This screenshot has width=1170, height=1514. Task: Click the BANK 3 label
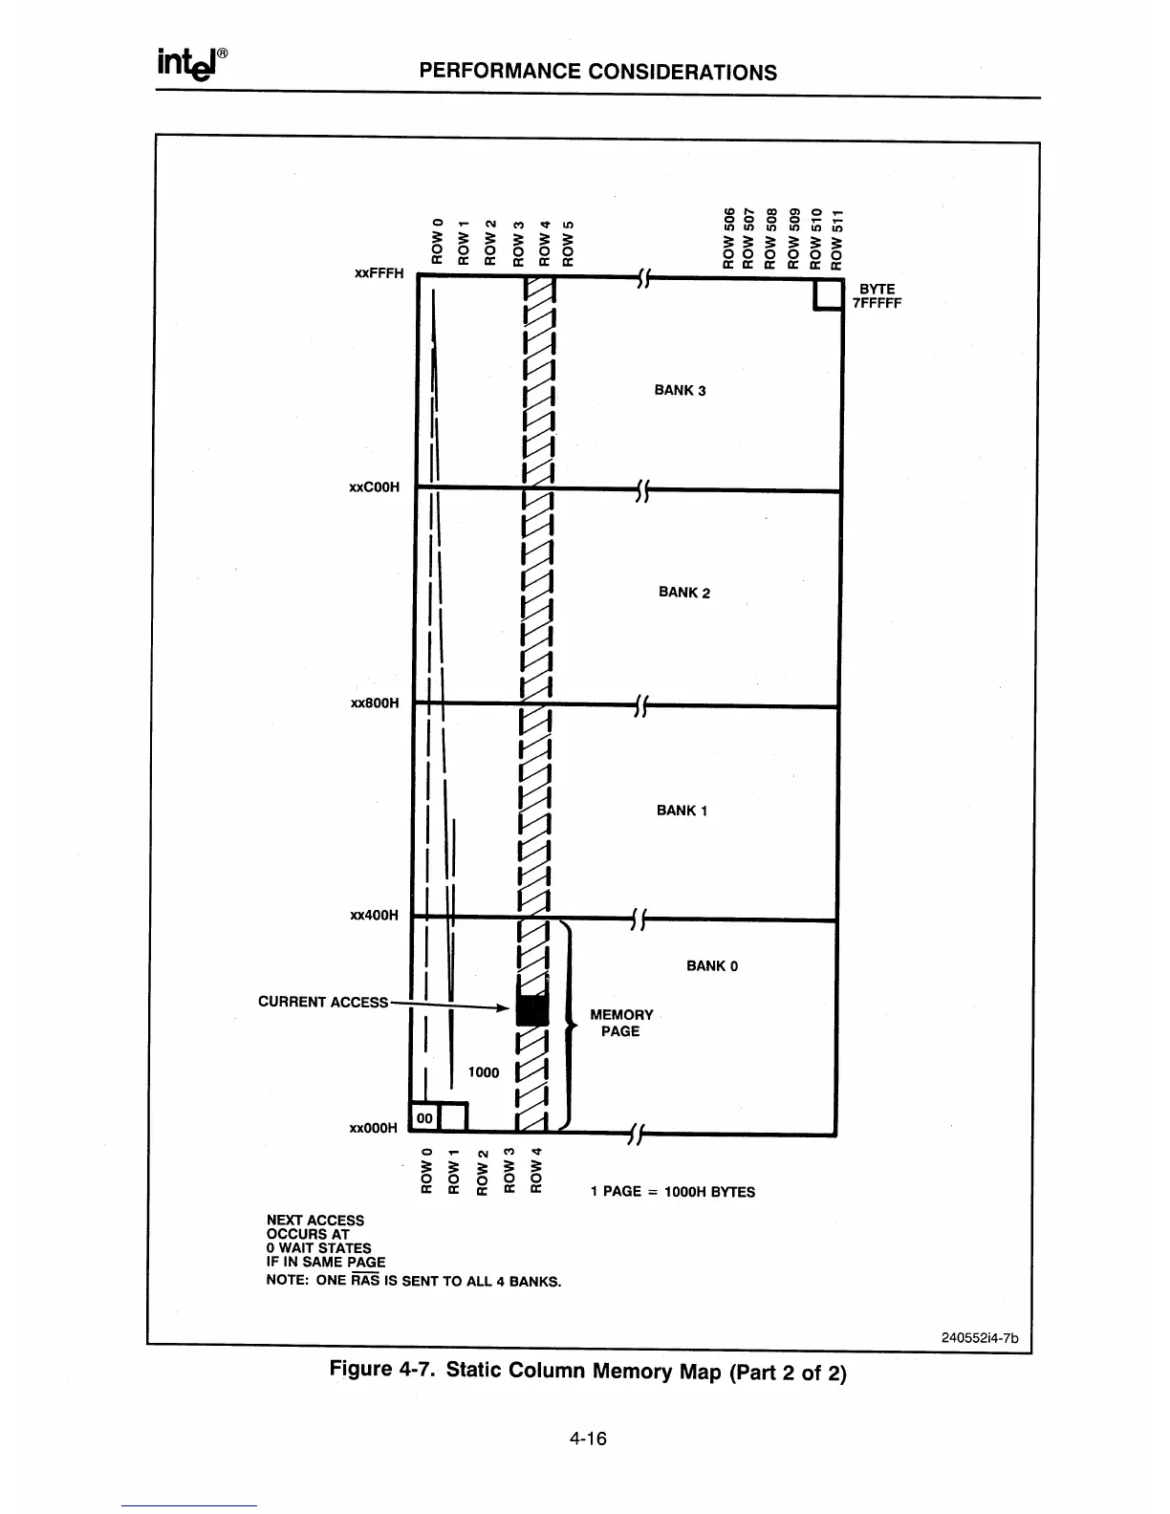point(680,390)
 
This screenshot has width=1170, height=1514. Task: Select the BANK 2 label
point(684,593)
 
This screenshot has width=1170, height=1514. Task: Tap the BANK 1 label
point(682,811)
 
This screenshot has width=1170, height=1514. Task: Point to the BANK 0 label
point(712,966)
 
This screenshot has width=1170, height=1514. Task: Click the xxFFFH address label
point(379,273)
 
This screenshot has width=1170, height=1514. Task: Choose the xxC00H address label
point(375,487)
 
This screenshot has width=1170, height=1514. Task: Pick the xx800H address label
point(375,703)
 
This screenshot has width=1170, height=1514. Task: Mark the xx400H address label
point(375,916)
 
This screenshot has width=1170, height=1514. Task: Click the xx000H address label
point(373,1128)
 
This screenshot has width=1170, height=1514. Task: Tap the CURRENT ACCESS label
point(323,1002)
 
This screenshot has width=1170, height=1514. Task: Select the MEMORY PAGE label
point(621,1023)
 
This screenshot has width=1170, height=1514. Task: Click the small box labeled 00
point(424,1117)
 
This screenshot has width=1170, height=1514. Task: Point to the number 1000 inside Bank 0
point(484,1072)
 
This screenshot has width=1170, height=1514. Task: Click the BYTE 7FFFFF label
point(877,296)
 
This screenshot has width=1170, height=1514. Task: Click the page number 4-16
point(587,1438)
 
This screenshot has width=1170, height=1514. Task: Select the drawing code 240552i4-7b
point(981,1337)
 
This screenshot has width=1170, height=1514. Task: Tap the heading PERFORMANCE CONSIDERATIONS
point(598,73)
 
